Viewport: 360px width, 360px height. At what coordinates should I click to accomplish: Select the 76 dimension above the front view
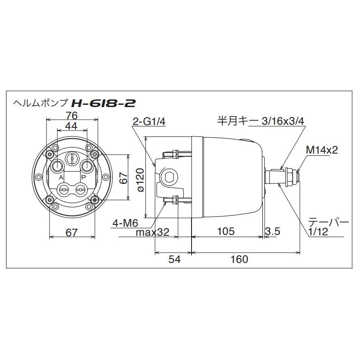(72, 115)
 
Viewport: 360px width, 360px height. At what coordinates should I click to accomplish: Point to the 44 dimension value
(72, 126)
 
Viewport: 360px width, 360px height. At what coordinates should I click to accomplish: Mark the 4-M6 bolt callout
(125, 222)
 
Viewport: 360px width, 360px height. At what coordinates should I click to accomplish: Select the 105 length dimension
(225, 232)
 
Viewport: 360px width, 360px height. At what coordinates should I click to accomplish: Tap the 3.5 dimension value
(273, 232)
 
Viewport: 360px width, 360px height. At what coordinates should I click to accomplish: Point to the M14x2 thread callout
(322, 150)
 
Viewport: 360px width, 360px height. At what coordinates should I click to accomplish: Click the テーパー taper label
(328, 223)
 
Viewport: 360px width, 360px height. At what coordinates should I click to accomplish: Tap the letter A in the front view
(61, 178)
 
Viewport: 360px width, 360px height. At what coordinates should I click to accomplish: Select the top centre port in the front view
(72, 159)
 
